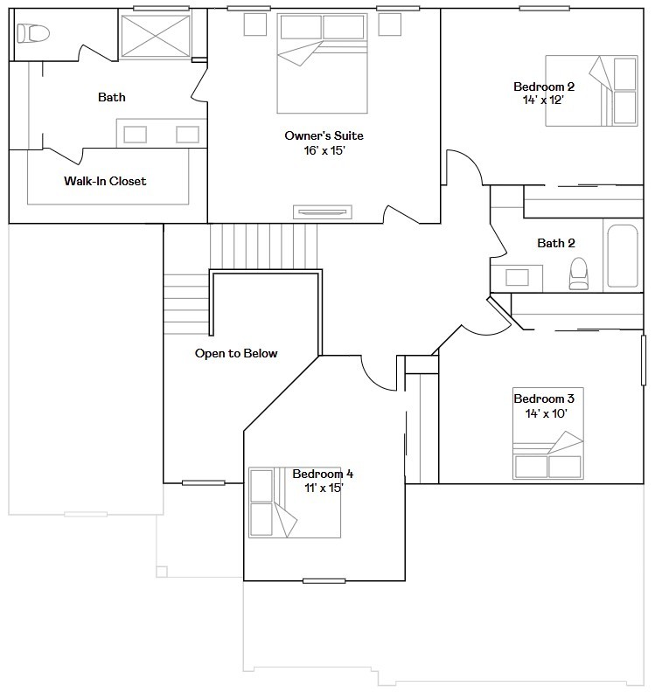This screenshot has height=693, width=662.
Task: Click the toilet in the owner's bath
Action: pyautogui.click(x=33, y=33)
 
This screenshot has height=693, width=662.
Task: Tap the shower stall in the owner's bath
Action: pyautogui.click(x=156, y=36)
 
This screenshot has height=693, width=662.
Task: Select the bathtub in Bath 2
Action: pyautogui.click(x=623, y=256)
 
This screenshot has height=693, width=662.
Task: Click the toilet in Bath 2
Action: pyautogui.click(x=578, y=274)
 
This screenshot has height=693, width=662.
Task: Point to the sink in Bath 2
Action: pyautogui.click(x=517, y=278)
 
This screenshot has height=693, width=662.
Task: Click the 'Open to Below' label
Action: pyautogui.click(x=236, y=353)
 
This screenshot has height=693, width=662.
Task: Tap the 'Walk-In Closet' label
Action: pyautogui.click(x=105, y=181)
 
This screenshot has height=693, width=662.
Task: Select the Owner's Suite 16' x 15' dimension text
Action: pyautogui.click(x=324, y=150)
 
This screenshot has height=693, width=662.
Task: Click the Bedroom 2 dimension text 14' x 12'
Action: pyautogui.click(x=543, y=100)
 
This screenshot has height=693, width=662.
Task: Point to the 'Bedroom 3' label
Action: pyautogui.click(x=544, y=398)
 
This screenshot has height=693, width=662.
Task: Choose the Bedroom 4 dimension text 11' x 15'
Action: pyautogui.click(x=324, y=488)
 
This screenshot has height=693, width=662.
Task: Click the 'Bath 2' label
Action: pyautogui.click(x=556, y=243)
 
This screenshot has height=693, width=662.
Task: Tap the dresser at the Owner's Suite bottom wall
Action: pyautogui.click(x=323, y=212)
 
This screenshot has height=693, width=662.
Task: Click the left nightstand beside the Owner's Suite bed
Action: pyautogui.click(x=255, y=24)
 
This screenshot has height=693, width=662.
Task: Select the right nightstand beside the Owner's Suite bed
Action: pyautogui.click(x=390, y=24)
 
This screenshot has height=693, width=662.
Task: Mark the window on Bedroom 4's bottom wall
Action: pyautogui.click(x=324, y=581)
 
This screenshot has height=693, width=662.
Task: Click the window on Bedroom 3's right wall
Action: pyautogui.click(x=644, y=360)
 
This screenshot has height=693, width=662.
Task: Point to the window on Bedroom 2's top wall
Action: pyautogui.click(x=544, y=8)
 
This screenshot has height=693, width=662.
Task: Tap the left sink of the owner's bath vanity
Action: pyautogui.click(x=136, y=135)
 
